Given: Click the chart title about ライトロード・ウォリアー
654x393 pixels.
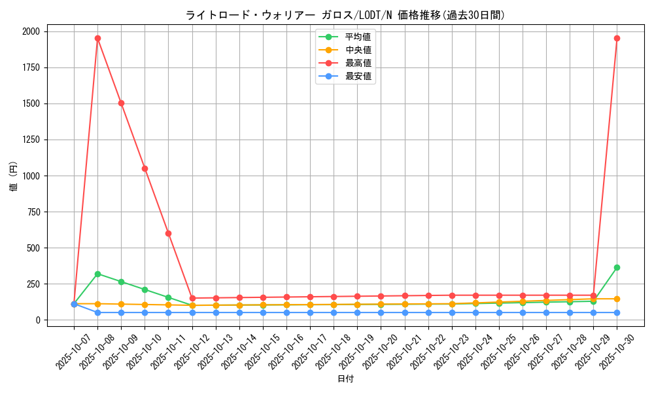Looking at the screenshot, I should coord(345,15).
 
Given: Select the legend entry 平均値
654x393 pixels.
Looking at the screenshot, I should coord(358,37).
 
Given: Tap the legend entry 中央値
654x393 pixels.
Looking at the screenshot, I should coord(358,50).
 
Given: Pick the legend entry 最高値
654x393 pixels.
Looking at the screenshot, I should coord(358,63).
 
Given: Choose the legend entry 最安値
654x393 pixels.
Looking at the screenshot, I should coord(358,76).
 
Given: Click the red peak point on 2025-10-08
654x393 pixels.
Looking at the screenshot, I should coord(97,38).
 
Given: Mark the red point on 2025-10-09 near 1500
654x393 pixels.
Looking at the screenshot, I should coord(121,103).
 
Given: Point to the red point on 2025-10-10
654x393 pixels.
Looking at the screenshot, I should coord(145,168).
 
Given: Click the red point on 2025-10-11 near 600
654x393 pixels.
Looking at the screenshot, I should coord(168,233).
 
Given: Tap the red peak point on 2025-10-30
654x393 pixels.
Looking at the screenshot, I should coord(617,38).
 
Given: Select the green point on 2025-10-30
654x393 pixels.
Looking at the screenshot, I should coord(617,267).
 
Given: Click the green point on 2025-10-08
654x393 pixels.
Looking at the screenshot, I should coord(97,274).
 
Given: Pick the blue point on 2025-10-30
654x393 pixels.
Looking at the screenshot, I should coord(617,312).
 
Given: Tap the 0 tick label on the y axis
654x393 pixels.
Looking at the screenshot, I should coord(37,320).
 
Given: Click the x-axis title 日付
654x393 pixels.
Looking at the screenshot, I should coord(345,379).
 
